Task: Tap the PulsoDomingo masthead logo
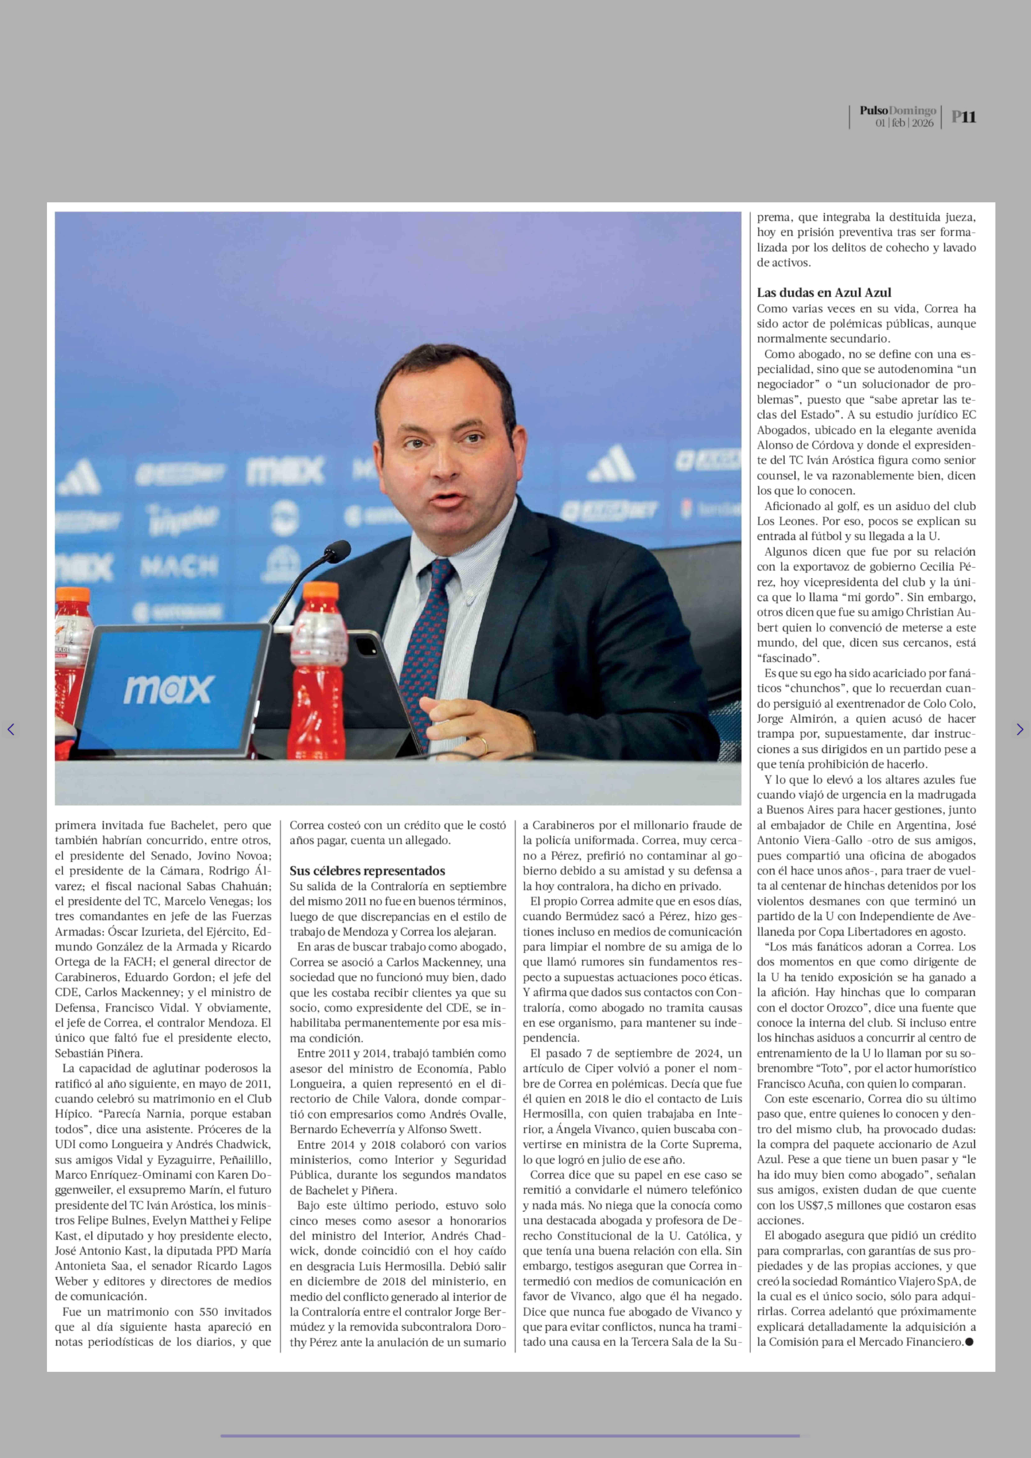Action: (898, 110)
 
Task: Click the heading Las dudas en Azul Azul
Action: (823, 293)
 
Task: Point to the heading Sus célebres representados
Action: (367, 871)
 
